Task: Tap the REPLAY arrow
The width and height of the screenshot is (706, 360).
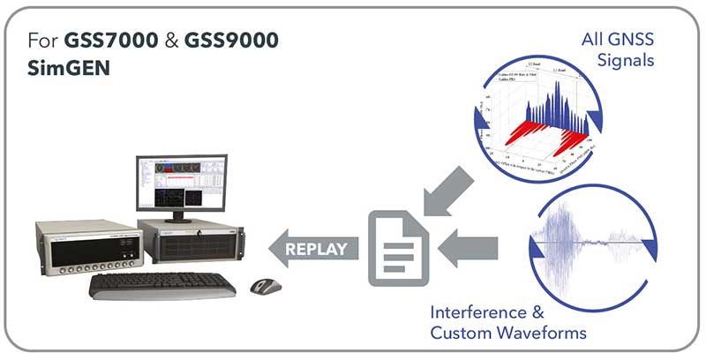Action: (313, 248)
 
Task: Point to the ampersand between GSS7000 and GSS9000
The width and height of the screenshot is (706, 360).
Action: (169, 41)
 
